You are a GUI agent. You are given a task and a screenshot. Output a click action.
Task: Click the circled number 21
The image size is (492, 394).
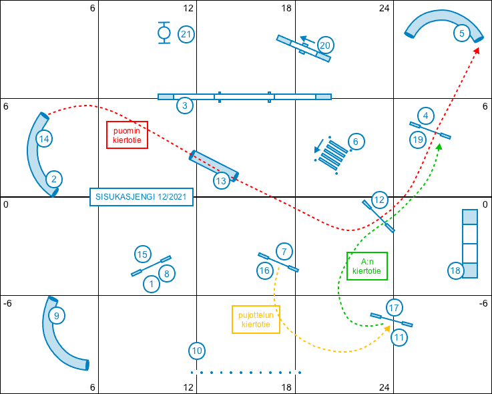coord(186,34)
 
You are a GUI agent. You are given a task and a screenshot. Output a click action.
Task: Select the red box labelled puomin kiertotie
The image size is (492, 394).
coord(127,135)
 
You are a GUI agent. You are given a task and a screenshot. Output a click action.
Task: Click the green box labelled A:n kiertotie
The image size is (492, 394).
coord(367,266)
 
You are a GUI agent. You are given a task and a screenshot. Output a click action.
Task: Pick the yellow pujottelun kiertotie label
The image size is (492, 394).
coord(256,319)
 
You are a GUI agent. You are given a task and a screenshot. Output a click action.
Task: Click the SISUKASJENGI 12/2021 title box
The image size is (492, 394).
coord(142,197)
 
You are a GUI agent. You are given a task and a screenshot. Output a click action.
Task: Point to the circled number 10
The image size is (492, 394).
coord(196,351)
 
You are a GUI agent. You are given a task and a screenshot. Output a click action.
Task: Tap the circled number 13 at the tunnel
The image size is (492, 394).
coord(221,180)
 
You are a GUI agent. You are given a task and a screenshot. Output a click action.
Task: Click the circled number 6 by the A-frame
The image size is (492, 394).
coord(356,142)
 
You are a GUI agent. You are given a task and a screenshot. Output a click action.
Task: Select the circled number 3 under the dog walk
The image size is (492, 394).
coord(184,106)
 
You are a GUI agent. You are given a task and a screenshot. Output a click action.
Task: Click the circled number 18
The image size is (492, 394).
coord(456,270)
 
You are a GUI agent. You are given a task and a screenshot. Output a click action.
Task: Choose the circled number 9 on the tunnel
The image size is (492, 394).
coord(57,315)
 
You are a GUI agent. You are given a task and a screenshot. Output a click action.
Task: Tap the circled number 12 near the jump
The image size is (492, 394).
coord(379,200)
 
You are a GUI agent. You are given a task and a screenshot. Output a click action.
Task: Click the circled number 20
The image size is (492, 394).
coord(325,45)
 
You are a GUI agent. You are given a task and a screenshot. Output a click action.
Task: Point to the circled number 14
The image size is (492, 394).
coord(44,139)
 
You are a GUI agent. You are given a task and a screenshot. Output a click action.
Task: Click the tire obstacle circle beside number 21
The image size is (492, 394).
coord(164,32)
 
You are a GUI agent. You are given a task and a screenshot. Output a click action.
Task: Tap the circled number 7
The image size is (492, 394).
coord(284,252)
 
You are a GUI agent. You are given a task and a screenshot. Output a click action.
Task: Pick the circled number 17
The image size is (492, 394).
coord(394,307)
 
